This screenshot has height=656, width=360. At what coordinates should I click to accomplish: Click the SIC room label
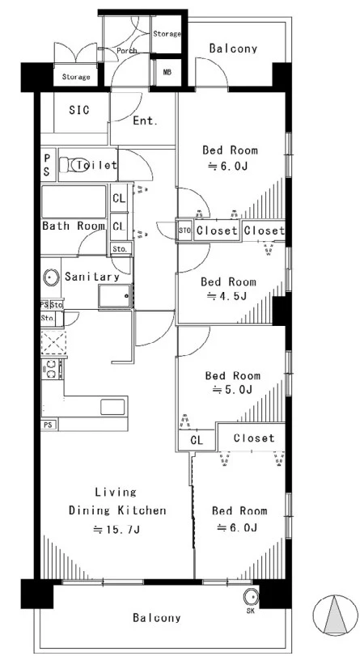[x=79, y=110]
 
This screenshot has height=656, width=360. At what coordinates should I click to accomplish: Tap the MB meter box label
[x=167, y=72]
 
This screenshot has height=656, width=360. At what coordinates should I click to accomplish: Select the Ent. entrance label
[x=146, y=121]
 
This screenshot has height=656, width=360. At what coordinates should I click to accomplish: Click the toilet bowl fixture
[x=74, y=165]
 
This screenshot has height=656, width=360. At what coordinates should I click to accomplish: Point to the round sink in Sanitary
[x=51, y=277]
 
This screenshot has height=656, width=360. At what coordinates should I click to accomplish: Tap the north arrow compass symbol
[x=336, y=616]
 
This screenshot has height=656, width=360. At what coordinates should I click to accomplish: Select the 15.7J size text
[x=116, y=530]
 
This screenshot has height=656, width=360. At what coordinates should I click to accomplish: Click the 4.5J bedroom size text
[x=227, y=296]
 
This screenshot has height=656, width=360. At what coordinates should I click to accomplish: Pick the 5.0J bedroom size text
[x=232, y=390]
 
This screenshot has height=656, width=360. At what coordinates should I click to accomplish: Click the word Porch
[x=127, y=51]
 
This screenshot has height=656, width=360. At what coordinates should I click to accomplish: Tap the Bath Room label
[x=74, y=226]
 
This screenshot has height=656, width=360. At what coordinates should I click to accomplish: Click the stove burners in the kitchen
[x=52, y=369]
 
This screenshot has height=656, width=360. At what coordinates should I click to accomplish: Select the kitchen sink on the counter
[x=112, y=407]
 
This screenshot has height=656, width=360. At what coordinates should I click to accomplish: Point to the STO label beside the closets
[x=184, y=231]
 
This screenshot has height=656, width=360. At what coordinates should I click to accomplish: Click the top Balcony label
[x=233, y=49]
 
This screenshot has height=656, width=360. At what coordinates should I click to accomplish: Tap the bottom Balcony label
[x=157, y=617]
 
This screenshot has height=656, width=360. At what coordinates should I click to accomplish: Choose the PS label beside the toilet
[x=47, y=165]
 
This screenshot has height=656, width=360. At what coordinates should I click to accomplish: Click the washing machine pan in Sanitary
[x=116, y=296]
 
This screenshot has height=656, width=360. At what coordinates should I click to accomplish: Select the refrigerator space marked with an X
[x=53, y=343]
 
